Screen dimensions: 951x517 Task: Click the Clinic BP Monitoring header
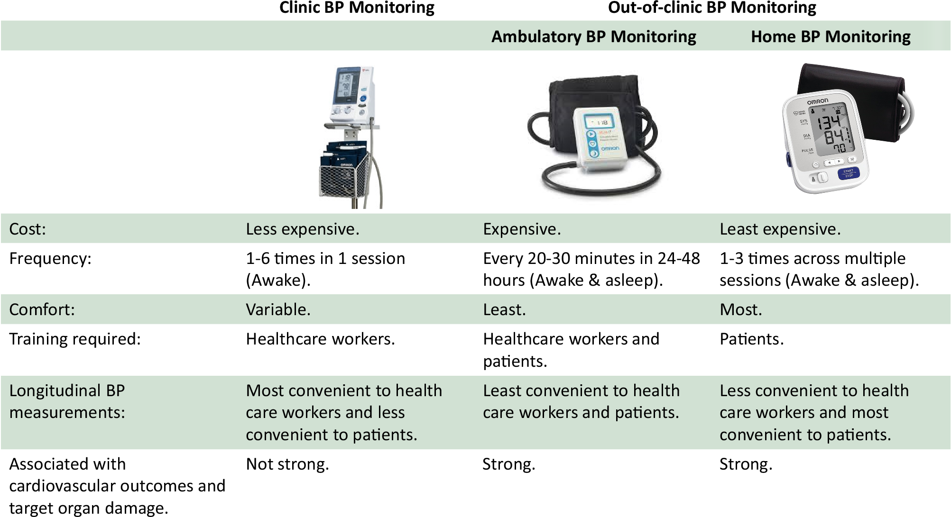click(x=357, y=8)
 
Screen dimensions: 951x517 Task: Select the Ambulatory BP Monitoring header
click(x=593, y=36)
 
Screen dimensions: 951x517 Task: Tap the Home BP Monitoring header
click(x=831, y=36)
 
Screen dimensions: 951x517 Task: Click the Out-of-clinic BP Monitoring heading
click(x=712, y=8)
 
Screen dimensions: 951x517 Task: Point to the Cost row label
click(x=28, y=229)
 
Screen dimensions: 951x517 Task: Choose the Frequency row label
click(x=50, y=259)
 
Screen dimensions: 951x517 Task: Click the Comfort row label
click(x=42, y=310)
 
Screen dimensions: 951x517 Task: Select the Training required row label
click(x=75, y=339)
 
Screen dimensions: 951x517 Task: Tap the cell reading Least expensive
click(x=780, y=229)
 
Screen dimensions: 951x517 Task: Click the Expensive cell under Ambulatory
click(x=522, y=229)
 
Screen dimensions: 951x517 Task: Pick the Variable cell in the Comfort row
click(x=278, y=310)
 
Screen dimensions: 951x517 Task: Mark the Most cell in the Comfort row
click(x=740, y=310)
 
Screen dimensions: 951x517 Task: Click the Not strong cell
click(x=287, y=464)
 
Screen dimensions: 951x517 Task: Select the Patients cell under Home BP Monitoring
click(x=751, y=339)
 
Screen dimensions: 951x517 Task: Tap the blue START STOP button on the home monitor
click(x=848, y=173)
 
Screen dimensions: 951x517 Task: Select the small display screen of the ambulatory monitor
click(x=598, y=123)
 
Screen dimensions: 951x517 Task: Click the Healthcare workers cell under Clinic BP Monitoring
click(x=320, y=339)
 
